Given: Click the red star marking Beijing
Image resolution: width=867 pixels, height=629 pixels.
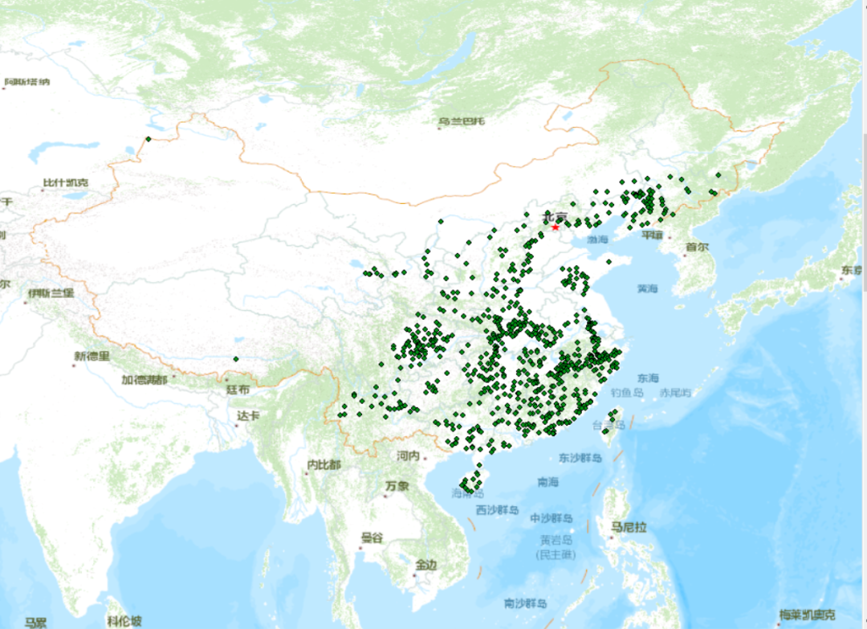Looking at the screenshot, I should tap(554, 227).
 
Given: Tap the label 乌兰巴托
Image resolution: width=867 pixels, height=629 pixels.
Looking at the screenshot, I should tap(462, 122).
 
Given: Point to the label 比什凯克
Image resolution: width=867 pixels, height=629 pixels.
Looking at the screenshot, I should tap(66, 183).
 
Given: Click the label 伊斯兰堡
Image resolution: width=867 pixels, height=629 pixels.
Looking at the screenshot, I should tap(51, 292).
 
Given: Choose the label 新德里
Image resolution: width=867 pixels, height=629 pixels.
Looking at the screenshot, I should tap(92, 357).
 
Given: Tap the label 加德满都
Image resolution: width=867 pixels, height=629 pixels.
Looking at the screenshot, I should tap(144, 379).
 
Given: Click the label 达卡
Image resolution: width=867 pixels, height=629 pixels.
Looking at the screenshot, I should tap(248, 415).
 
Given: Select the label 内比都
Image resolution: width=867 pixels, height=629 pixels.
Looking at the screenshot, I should tap(324, 464).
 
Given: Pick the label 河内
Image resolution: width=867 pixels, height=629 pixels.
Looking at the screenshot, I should tap(408, 455).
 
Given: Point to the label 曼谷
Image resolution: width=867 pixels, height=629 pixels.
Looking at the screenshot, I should tap(372, 537).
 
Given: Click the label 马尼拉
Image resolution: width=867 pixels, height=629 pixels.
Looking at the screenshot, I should tap(629, 527).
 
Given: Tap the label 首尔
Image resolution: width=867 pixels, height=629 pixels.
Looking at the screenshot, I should tap(697, 247).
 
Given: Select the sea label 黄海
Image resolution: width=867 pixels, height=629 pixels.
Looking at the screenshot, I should tap(647, 288).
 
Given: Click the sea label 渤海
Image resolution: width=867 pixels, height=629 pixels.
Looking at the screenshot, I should tap(597, 239).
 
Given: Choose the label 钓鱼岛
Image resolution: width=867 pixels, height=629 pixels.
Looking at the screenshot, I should tap(627, 393).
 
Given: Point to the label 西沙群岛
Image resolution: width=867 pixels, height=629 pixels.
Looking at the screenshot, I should tap(498, 510).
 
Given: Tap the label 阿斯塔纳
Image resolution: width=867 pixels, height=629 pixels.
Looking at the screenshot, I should tap(27, 82).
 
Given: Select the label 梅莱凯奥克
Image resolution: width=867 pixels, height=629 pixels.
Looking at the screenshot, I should tap(812, 615).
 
